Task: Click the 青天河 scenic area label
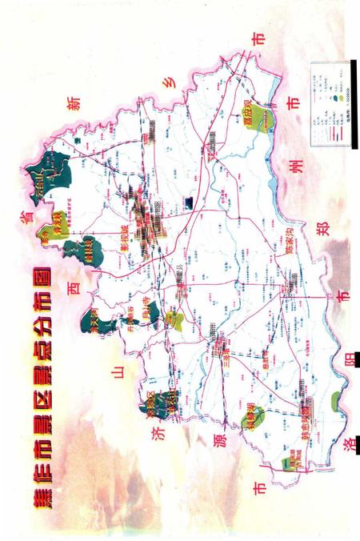click(x=89, y=324)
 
